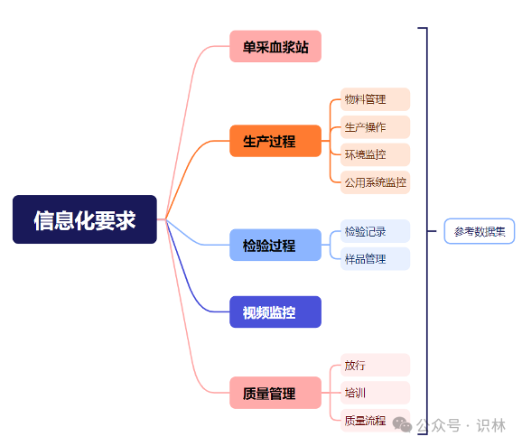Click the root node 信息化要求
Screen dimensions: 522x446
tap(85, 219)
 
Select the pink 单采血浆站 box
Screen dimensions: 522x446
tap(275, 46)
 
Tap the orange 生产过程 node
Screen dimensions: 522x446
tap(275, 141)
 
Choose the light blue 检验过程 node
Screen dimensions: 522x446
tap(275, 245)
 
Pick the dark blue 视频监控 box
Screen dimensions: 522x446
tap(275, 311)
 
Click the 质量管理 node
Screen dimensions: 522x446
tap(275, 393)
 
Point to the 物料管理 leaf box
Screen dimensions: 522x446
tap(375, 99)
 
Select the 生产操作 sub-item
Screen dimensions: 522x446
tap(375, 126)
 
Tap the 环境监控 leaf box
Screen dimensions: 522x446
tap(375, 154)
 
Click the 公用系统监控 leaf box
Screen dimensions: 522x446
tap(375, 182)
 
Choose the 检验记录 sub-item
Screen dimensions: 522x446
tap(375, 231)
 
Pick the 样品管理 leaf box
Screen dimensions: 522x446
tap(375, 258)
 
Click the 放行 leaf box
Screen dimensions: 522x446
tap(375, 365)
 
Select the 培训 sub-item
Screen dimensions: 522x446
tap(375, 393)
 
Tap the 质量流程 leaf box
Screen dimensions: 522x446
tap(375, 421)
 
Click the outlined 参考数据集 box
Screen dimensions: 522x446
tap(480, 231)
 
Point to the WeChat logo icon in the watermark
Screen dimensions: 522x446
tap(402, 424)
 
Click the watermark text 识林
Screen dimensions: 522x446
tap(490, 425)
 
